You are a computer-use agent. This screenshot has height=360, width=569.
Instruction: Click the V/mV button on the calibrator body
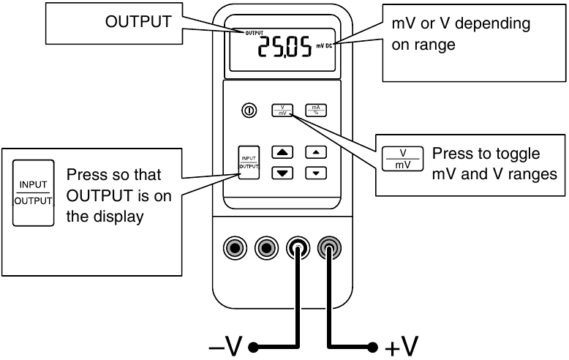click(282, 110)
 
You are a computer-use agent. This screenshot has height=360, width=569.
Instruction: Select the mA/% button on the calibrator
click(316, 110)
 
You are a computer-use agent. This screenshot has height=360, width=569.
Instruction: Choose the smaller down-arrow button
click(316, 173)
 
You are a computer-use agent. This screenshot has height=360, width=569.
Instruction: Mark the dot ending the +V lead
click(374, 345)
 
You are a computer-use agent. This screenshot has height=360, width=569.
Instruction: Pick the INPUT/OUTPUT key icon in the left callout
click(34, 191)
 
